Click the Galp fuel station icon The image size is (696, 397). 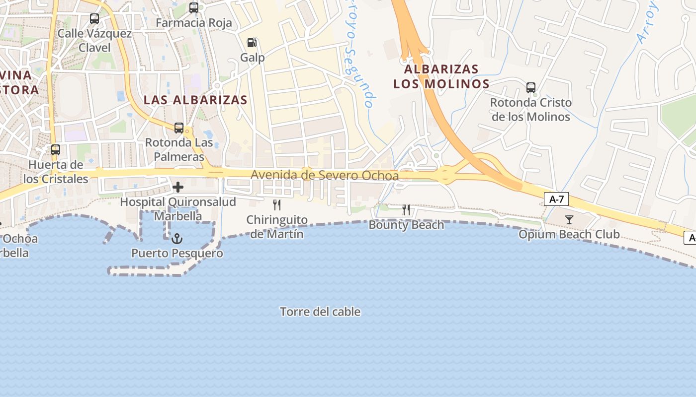point(253,43)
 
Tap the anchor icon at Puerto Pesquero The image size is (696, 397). point(177,239)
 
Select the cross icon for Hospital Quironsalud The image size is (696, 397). point(178,187)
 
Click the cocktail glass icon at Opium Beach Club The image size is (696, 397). point(569,219)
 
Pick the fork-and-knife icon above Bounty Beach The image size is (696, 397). point(406,210)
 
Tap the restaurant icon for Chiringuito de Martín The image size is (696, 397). point(277,204)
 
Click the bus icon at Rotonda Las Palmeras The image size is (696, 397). point(179,128)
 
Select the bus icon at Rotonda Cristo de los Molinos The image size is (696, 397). point(531,88)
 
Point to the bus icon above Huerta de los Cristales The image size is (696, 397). point(56,150)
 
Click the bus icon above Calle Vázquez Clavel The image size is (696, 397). point(94,19)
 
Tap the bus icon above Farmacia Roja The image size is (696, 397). point(194,8)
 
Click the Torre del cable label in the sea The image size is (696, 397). point(320,312)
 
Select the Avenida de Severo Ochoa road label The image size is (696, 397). point(325,175)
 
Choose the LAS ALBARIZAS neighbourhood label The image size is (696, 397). point(195,100)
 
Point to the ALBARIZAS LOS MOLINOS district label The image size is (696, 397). point(441,76)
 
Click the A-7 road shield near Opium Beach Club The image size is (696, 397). point(556,199)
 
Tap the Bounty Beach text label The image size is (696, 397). point(406,225)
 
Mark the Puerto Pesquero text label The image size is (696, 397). point(177,253)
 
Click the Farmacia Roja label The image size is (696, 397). point(194,23)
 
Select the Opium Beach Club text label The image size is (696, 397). point(569,234)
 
